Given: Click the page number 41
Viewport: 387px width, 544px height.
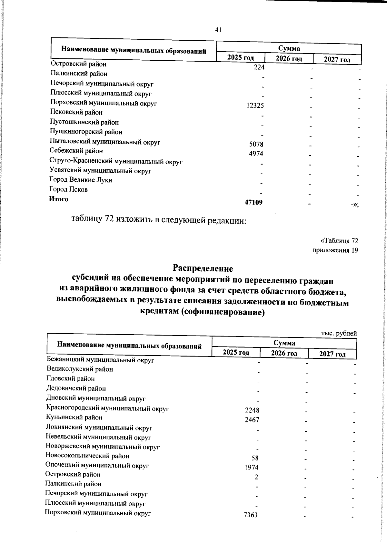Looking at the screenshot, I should [218, 30].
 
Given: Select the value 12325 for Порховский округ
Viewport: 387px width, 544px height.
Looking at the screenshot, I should [255, 106].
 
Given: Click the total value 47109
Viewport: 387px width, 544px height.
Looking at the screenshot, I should [253, 202].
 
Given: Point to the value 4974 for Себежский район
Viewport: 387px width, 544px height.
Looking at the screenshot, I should [256, 154].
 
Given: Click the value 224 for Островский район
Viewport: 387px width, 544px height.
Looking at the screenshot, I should [259, 67].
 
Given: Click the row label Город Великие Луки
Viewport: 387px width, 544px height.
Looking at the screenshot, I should [81, 180].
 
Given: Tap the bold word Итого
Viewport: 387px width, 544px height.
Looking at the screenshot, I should [59, 199].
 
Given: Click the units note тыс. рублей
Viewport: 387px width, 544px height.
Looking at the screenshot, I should [339, 334].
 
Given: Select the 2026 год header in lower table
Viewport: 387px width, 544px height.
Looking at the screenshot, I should [284, 353].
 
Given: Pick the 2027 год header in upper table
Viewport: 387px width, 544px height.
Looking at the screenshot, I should [337, 60].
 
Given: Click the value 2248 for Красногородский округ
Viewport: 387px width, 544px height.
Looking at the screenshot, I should [252, 410].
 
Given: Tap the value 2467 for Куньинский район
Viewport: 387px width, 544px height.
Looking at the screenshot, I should [252, 420].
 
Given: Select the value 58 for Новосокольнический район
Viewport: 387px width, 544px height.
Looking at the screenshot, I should [255, 458].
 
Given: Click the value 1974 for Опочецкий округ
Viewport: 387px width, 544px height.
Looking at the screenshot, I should [252, 468].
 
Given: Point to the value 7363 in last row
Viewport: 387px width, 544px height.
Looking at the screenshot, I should [251, 515].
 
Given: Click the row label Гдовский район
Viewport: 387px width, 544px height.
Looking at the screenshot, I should [71, 379].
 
